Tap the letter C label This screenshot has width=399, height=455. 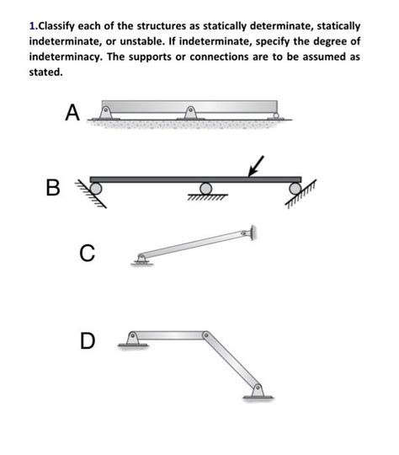(x=88, y=251)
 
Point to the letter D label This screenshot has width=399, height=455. (x=88, y=340)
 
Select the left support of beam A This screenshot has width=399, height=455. (x=106, y=112)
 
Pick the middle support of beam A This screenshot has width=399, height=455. (x=190, y=112)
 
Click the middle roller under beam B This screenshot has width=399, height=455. (x=205, y=188)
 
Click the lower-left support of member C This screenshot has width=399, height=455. (x=141, y=260)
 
